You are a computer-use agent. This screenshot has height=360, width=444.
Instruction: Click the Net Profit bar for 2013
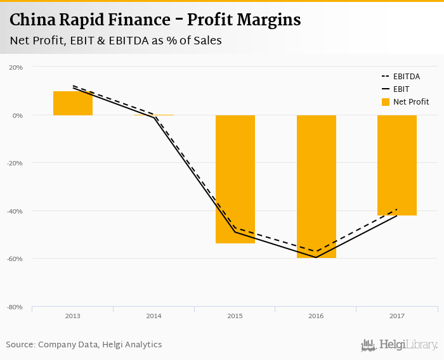click(72, 103)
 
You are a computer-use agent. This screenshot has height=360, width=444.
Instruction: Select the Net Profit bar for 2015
click(235, 179)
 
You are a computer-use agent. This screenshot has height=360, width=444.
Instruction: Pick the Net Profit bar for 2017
click(397, 165)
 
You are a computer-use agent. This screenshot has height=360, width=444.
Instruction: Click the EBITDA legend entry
click(406, 77)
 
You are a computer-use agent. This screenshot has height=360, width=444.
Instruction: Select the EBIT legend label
click(401, 89)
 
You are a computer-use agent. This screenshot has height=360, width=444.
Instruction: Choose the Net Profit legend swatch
click(385, 102)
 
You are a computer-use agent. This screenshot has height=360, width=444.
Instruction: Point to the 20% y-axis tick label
click(16, 67)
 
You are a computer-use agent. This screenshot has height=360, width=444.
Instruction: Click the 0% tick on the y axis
click(18, 115)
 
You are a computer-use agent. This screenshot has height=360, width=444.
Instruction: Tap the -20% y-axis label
click(15, 163)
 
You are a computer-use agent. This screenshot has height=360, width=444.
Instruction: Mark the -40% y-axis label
click(15, 211)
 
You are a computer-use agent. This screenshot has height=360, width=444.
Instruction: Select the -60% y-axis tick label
click(15, 259)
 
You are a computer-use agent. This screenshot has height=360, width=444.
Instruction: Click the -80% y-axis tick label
click(15, 307)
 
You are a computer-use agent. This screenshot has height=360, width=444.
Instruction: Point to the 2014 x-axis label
click(153, 316)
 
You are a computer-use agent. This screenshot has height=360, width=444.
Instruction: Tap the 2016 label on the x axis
click(316, 316)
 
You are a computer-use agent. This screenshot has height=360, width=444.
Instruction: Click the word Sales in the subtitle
click(204, 41)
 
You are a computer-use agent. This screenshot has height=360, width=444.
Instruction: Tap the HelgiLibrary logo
click(399, 345)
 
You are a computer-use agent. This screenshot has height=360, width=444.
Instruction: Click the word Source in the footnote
click(20, 345)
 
